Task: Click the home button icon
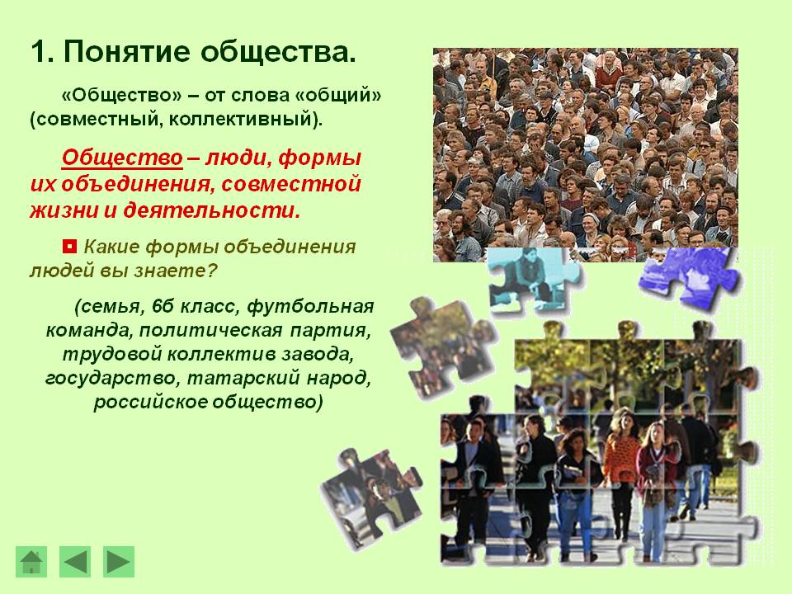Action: pos(31,561)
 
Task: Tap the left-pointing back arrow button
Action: pos(75,561)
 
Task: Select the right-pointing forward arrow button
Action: pos(119,561)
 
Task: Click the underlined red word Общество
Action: pos(122,158)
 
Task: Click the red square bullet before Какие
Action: pos(69,247)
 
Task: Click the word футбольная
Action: pos(311,306)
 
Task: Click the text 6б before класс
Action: pos(163,306)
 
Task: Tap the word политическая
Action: pos(210,330)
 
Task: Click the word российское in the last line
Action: pos(149,403)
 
